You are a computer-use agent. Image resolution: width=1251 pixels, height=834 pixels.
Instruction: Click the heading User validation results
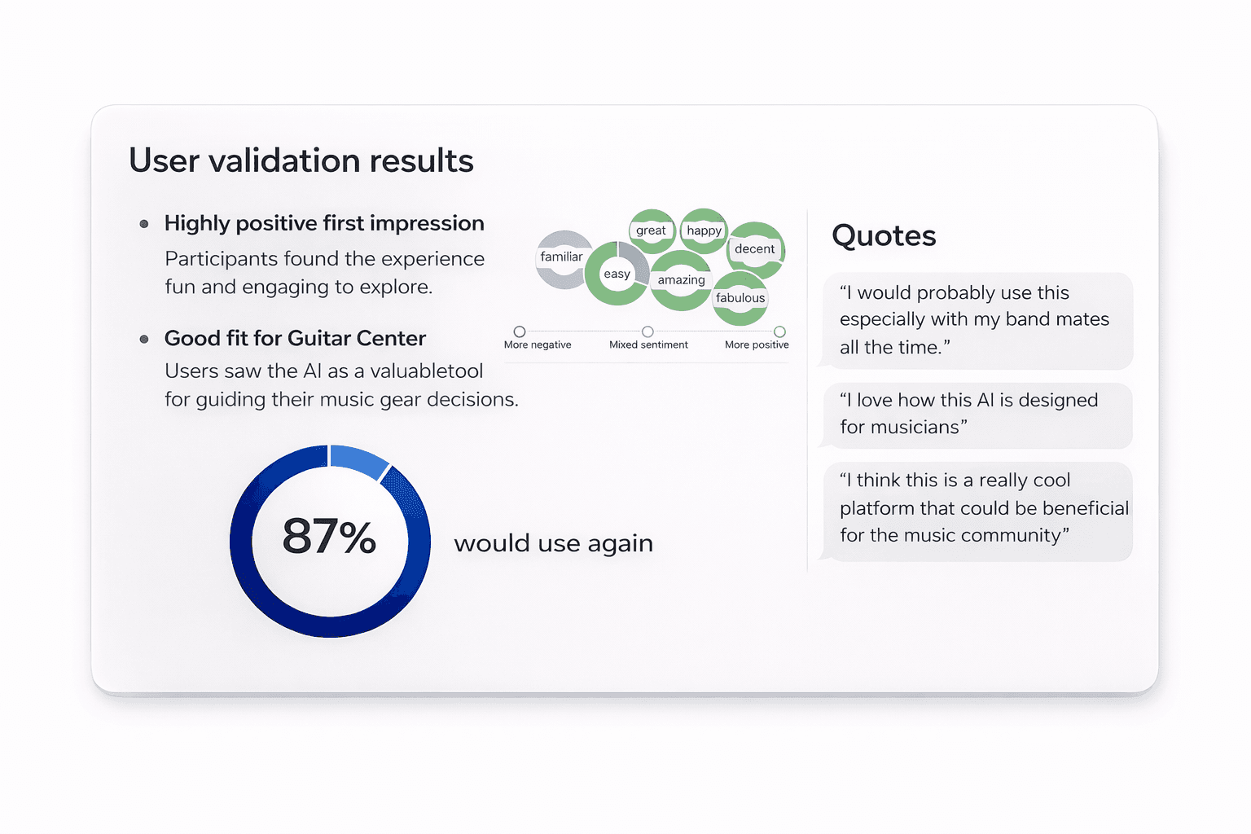coord(301,160)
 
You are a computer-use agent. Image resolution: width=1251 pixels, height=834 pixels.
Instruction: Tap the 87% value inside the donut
coord(329,537)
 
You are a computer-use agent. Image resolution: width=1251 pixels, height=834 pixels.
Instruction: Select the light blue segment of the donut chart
coord(359,460)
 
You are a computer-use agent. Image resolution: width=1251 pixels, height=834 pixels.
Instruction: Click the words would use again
coord(553,543)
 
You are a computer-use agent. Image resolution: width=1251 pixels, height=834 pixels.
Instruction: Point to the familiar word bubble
coord(561,257)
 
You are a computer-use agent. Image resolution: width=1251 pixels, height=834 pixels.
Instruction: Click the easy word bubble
coord(617,274)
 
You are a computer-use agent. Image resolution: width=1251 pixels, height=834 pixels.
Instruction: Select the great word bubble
coord(651,230)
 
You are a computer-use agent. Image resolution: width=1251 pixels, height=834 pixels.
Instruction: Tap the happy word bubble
coord(704,230)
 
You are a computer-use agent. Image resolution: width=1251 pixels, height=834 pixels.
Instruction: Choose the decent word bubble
coord(754,249)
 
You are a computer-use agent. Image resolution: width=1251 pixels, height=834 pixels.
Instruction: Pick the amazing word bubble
coord(681,280)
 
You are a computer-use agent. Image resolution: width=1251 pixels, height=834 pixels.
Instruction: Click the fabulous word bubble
coord(740,298)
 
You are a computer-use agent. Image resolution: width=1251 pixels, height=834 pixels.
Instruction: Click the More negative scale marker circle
coord(520,331)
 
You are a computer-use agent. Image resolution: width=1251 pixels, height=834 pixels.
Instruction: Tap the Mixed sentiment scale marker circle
coord(647,331)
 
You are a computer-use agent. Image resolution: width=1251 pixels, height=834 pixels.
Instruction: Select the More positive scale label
coord(757,345)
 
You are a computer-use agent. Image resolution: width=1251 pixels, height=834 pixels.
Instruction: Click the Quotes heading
coord(884,235)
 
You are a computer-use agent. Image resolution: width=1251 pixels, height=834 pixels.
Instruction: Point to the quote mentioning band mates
coord(976,320)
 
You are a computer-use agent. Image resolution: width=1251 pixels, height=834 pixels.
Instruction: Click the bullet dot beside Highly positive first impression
coord(144,224)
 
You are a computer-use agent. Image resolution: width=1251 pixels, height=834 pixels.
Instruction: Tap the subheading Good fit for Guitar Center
coord(295,338)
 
